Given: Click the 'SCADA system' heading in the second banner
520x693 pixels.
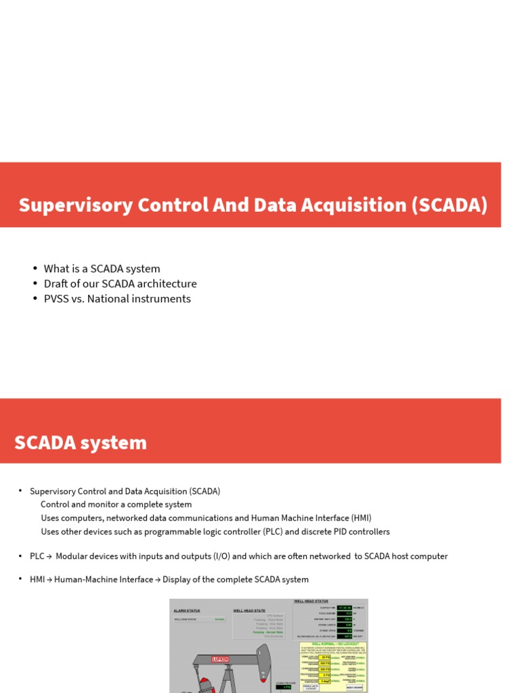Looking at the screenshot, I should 81,443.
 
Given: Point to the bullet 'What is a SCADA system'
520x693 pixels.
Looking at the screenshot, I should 102,269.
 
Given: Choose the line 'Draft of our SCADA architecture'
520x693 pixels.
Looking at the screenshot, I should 120,284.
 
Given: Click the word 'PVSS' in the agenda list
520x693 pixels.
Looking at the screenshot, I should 58,298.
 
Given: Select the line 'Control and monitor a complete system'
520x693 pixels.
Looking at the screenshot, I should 116,504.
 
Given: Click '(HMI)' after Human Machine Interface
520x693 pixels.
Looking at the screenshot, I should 361,518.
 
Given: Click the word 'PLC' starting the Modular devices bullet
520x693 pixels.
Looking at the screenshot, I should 37,556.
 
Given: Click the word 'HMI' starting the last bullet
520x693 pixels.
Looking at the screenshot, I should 37,579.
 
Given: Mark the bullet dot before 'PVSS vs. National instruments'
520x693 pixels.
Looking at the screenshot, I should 35,298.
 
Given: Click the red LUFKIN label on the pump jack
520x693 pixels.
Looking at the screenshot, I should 220,658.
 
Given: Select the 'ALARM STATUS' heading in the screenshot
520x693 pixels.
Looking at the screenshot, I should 187,610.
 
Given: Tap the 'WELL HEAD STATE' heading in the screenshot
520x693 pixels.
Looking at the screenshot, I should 250,610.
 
